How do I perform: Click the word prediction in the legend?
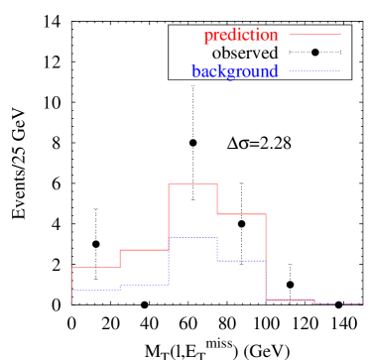[x=241, y=36]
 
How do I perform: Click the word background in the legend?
[x=235, y=71]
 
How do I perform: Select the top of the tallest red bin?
[x=192, y=184]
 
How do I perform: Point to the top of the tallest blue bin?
[x=192, y=238]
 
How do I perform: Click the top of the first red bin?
[x=95, y=268]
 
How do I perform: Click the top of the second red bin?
[x=144, y=250]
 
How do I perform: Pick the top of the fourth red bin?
[x=241, y=214]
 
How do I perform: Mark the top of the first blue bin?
[x=95, y=290]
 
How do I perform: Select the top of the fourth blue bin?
[x=241, y=260]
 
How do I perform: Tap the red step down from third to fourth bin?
[x=217, y=199]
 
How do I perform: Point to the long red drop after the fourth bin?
[x=266, y=256]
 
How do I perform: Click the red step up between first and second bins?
[x=120, y=259]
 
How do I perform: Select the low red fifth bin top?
[x=290, y=300]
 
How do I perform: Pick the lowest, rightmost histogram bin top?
[x=338, y=304]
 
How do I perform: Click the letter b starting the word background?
[x=195, y=71]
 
